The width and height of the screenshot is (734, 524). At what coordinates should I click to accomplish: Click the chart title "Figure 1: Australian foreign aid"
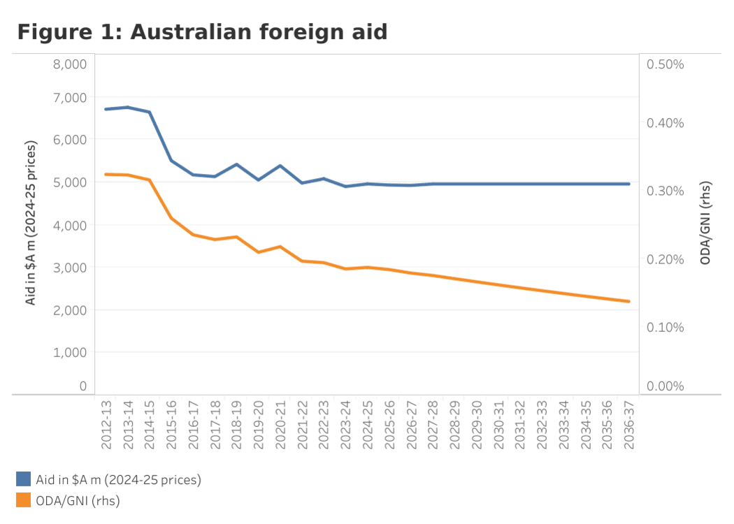coord(202,31)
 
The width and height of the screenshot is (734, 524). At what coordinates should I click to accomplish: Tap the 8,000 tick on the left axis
coord(69,64)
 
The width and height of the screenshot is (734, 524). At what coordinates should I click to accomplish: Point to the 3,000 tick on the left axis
coord(69,267)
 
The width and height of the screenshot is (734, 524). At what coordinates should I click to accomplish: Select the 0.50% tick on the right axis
coord(665,64)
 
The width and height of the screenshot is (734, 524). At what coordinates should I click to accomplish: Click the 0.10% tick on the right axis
coord(665,327)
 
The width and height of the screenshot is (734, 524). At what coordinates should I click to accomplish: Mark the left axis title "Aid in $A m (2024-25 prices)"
coord(31,223)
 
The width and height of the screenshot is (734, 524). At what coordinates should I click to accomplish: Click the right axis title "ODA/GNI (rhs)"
coord(705,223)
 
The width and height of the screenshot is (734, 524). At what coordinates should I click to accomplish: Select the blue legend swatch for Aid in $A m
coord(24,479)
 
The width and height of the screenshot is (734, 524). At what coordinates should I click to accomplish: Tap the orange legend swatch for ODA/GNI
coord(24,500)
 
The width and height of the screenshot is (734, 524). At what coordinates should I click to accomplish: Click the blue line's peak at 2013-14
coord(127,107)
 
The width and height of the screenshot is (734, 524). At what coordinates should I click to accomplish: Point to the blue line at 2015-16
coord(171,161)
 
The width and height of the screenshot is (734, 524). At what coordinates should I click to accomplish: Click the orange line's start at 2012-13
coord(106,174)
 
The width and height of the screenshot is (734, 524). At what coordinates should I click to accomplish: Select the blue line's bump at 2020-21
coord(280,166)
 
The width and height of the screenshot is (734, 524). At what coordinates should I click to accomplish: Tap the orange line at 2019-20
coord(258,252)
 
